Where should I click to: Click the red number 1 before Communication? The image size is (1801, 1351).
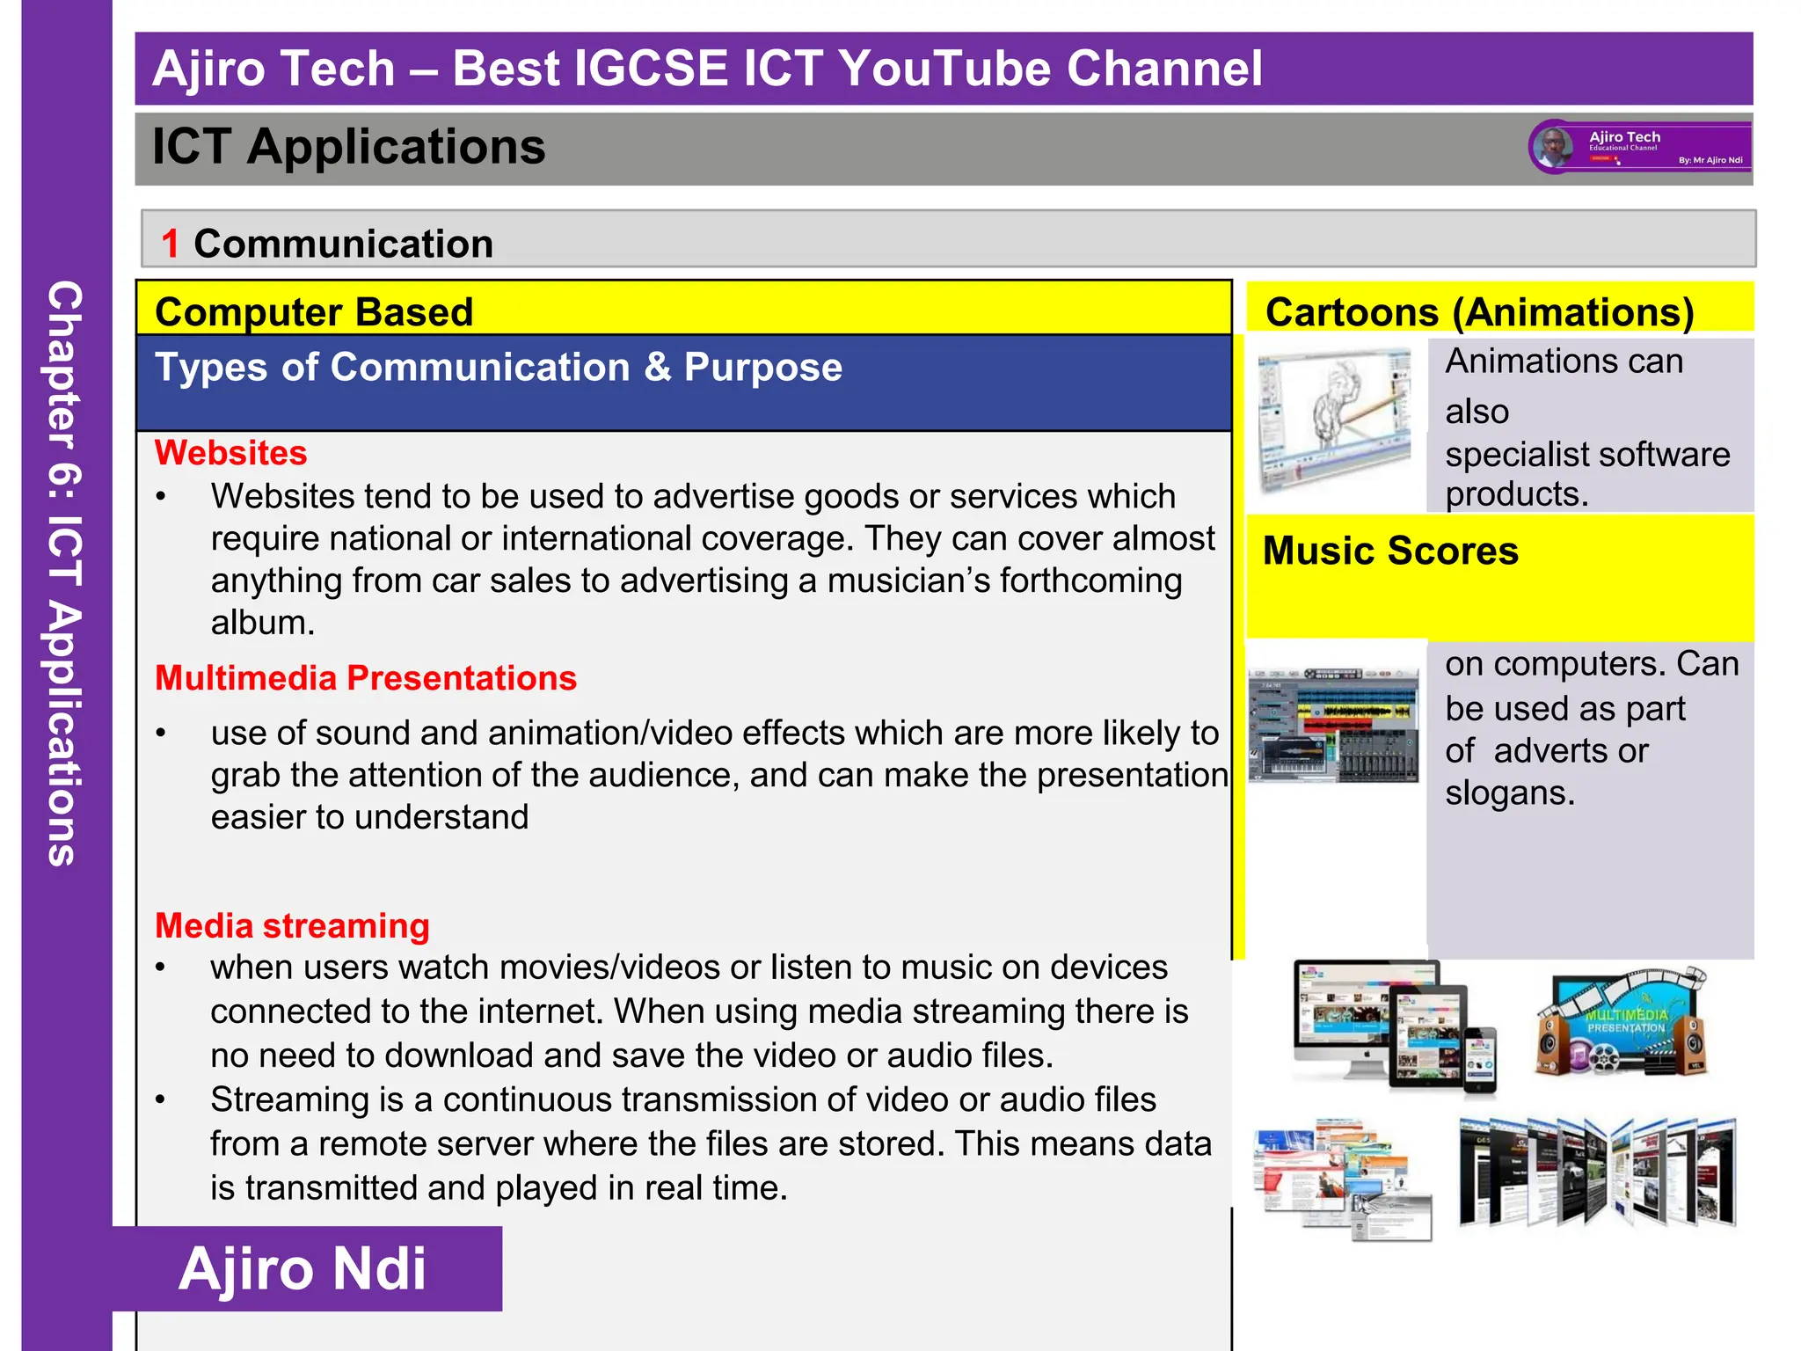(x=171, y=244)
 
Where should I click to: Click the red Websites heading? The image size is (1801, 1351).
(x=230, y=453)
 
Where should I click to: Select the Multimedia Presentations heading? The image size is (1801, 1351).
(x=365, y=678)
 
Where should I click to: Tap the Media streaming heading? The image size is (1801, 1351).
(x=292, y=926)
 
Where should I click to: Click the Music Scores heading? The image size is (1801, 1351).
(x=1390, y=551)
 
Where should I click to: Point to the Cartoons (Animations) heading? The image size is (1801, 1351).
(x=1479, y=312)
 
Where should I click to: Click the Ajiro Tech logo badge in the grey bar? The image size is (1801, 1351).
(x=1640, y=147)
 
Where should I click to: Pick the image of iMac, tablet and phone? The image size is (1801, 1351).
(x=1394, y=1026)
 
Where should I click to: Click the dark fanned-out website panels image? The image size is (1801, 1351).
(x=1596, y=1172)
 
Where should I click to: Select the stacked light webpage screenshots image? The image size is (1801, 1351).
(x=1343, y=1179)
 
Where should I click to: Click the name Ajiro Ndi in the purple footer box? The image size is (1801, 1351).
(x=303, y=1268)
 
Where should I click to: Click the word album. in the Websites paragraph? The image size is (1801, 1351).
(x=262, y=623)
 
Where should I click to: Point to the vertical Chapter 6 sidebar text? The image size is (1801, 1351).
(x=65, y=572)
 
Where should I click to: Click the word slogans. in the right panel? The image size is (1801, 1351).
(x=1509, y=793)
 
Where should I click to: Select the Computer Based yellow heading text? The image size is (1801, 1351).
(x=314, y=312)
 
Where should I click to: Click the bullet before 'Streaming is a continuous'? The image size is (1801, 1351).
(x=160, y=1100)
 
